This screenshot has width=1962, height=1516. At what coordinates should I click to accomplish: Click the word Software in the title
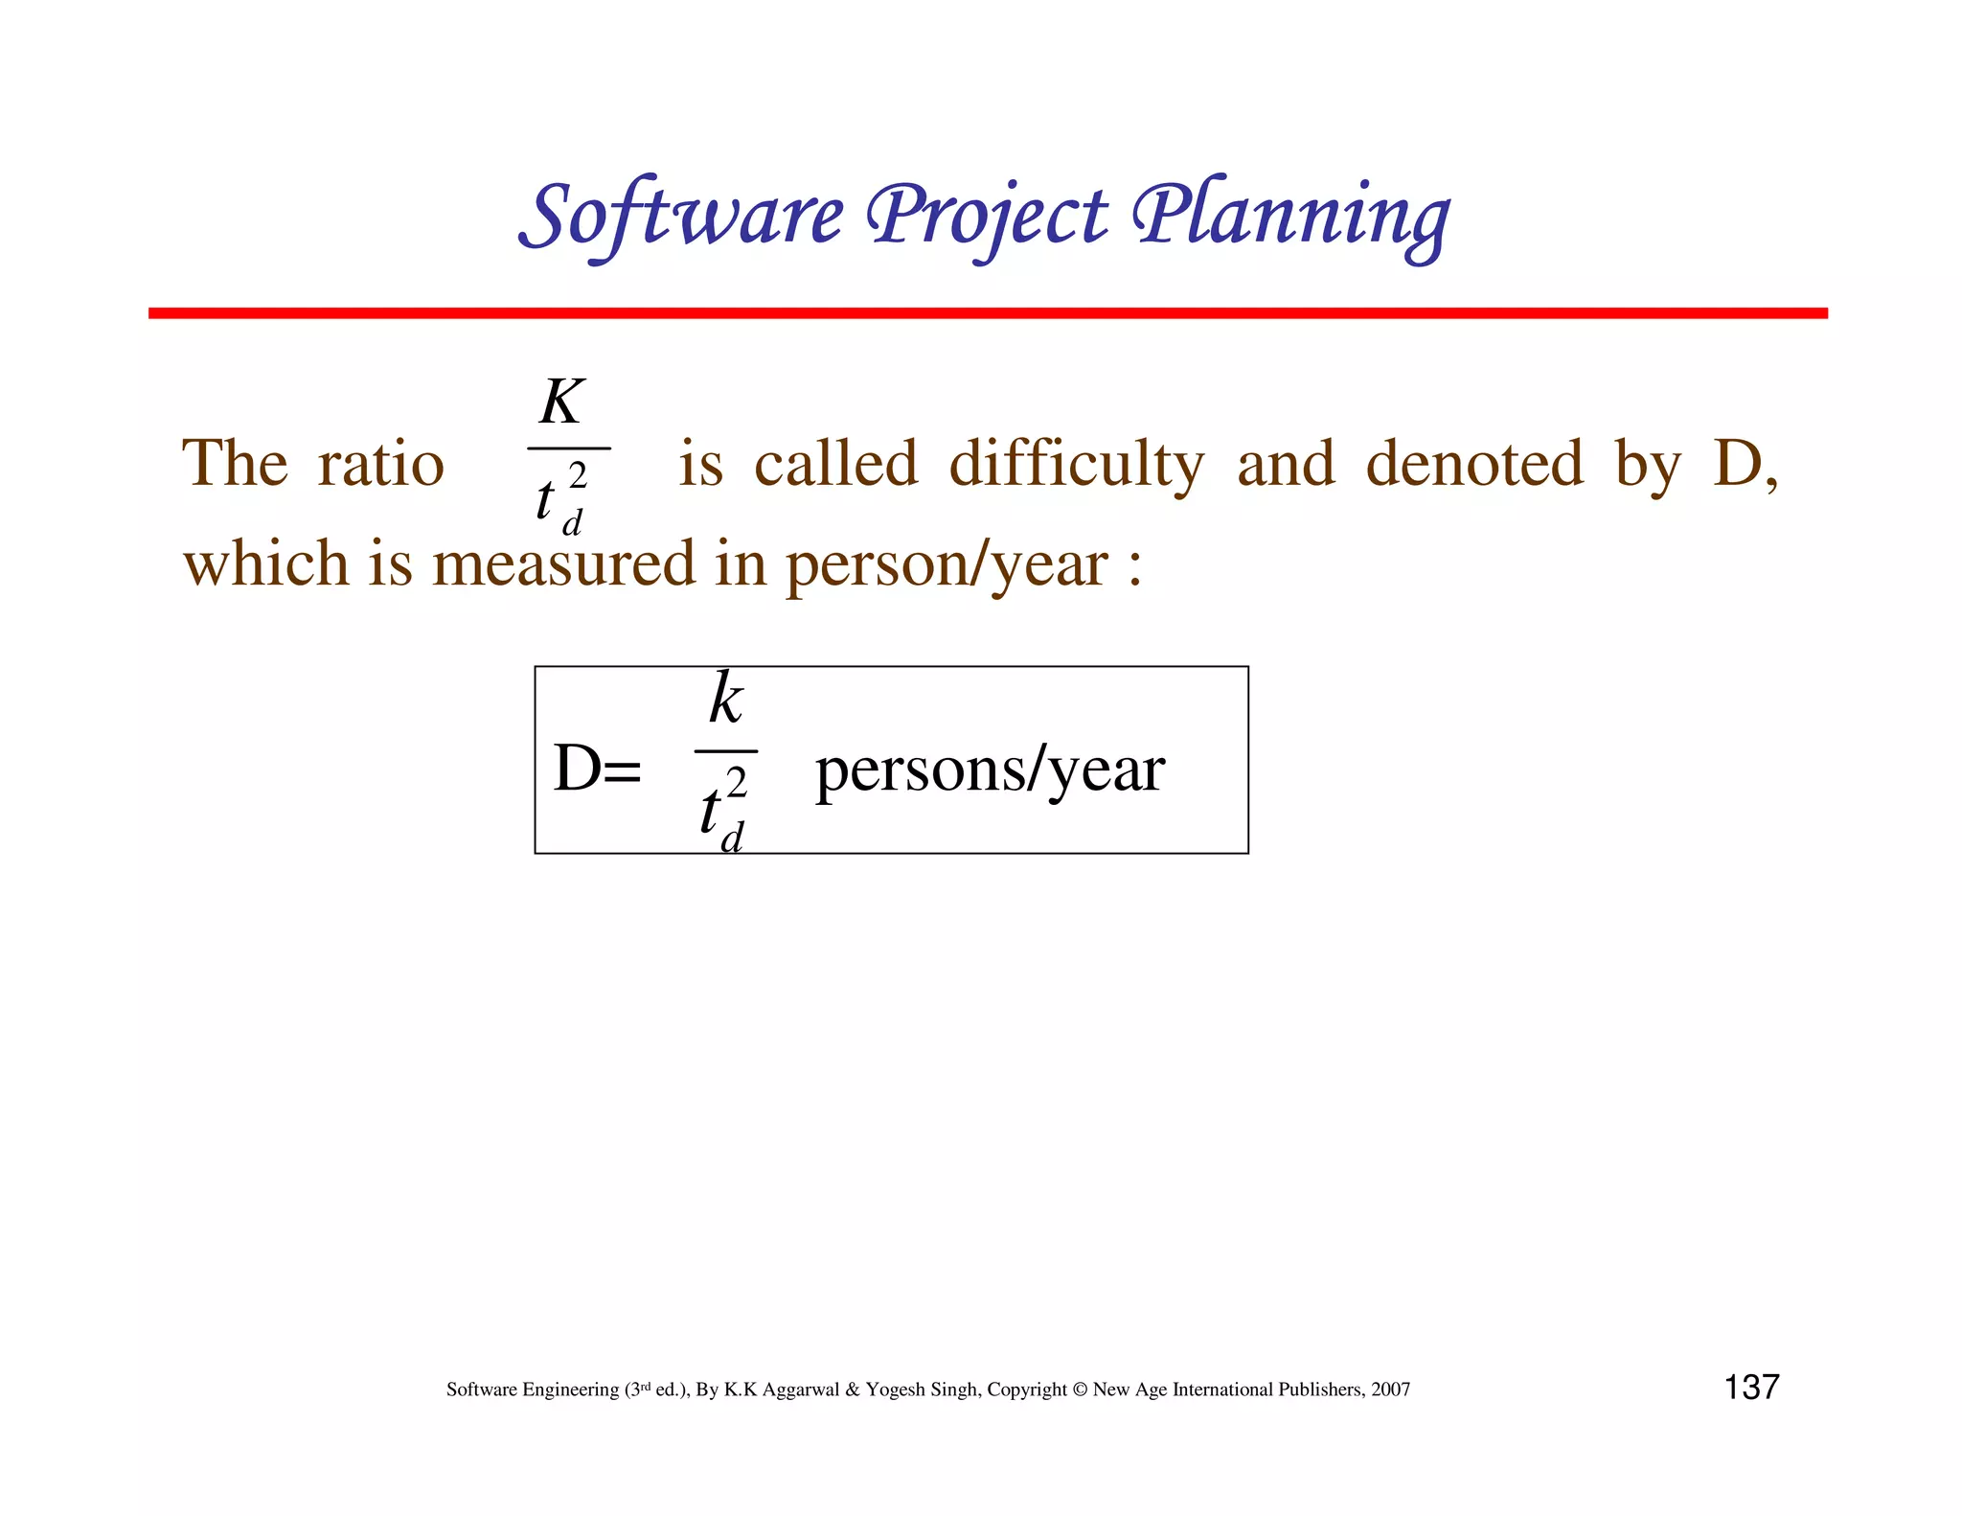click(x=682, y=215)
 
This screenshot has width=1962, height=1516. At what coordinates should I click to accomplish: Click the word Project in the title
click(x=987, y=215)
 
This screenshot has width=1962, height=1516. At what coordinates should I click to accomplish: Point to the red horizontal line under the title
click(x=987, y=313)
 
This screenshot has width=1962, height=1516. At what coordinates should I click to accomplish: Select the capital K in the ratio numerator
click(x=561, y=402)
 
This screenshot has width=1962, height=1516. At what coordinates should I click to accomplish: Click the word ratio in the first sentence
click(x=380, y=464)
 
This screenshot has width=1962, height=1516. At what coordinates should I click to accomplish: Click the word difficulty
click(x=1076, y=464)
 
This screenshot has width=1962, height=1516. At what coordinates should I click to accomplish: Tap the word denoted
click(x=1474, y=464)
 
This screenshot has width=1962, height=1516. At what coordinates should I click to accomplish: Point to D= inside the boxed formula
click(x=597, y=769)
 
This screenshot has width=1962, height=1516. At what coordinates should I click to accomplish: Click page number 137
click(x=1751, y=1387)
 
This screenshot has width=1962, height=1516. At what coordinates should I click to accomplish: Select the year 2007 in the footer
click(x=1390, y=1390)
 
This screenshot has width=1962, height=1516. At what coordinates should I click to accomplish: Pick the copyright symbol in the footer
click(x=1080, y=1390)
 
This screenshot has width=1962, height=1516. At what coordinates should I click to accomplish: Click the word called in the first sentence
click(x=835, y=464)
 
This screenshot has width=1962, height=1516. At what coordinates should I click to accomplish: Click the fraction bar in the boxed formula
click(x=726, y=751)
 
